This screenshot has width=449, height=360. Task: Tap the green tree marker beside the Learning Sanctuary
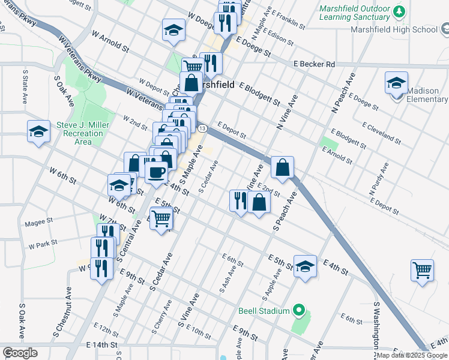(x=398, y=11)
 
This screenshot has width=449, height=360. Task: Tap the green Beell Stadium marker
(x=298, y=310)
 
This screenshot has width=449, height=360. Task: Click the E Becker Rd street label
(x=314, y=64)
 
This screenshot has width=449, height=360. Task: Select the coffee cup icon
(x=157, y=172)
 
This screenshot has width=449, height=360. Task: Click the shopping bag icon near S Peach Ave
(x=282, y=167)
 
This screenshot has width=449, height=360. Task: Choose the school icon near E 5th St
(x=305, y=266)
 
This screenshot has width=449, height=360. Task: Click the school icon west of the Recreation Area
(x=38, y=131)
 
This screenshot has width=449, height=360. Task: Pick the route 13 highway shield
(x=202, y=129)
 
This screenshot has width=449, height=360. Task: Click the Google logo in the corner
(x=20, y=352)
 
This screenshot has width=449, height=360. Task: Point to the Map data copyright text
(x=412, y=356)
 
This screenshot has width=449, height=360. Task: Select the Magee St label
(x=39, y=224)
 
